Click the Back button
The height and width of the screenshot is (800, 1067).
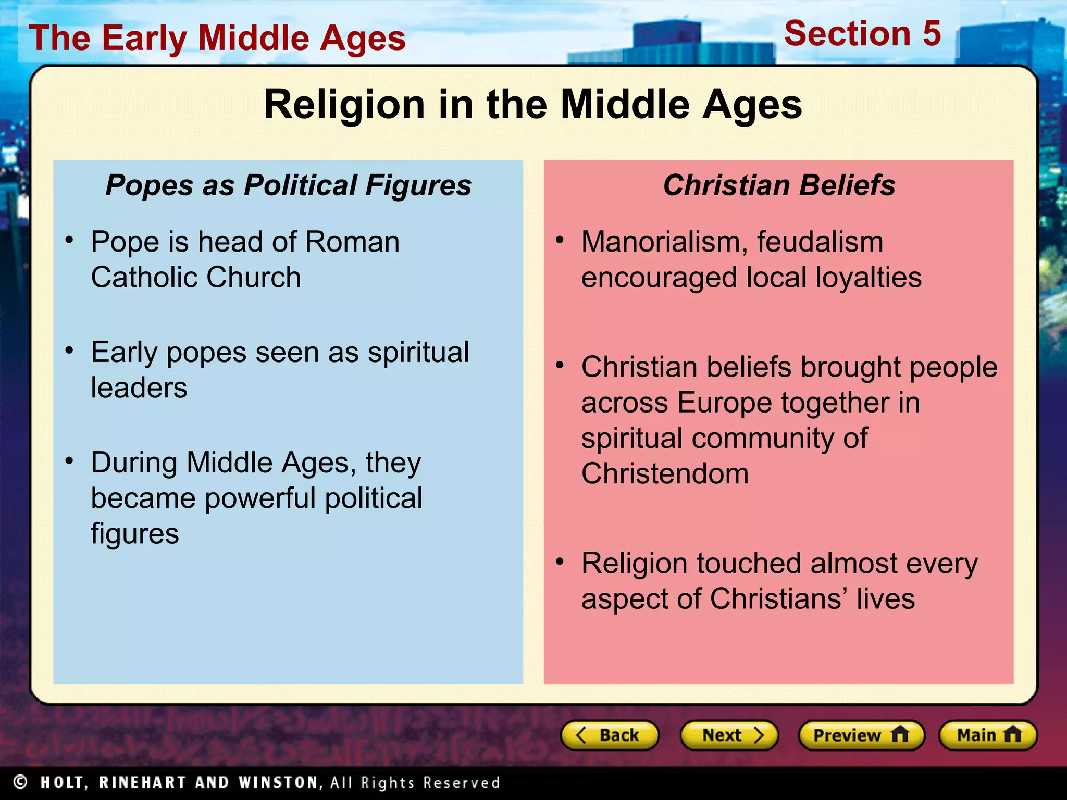[x=610, y=735]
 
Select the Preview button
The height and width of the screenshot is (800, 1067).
[x=861, y=735]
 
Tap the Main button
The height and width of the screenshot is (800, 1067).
[x=988, y=735]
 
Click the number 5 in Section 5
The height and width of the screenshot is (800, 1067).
[x=932, y=34]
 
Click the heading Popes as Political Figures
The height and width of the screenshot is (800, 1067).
[x=288, y=185]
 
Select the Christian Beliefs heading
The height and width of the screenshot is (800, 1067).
[x=779, y=185]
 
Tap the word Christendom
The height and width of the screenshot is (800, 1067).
[x=665, y=474]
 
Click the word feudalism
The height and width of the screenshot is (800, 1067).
[x=820, y=242]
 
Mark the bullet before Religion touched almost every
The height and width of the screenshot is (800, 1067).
[x=560, y=561]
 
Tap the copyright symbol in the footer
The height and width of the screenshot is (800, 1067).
[x=20, y=782]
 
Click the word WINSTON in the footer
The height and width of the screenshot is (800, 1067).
[x=278, y=783]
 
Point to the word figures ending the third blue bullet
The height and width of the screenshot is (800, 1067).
[x=135, y=534]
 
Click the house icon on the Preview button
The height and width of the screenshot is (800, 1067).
[x=900, y=735]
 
